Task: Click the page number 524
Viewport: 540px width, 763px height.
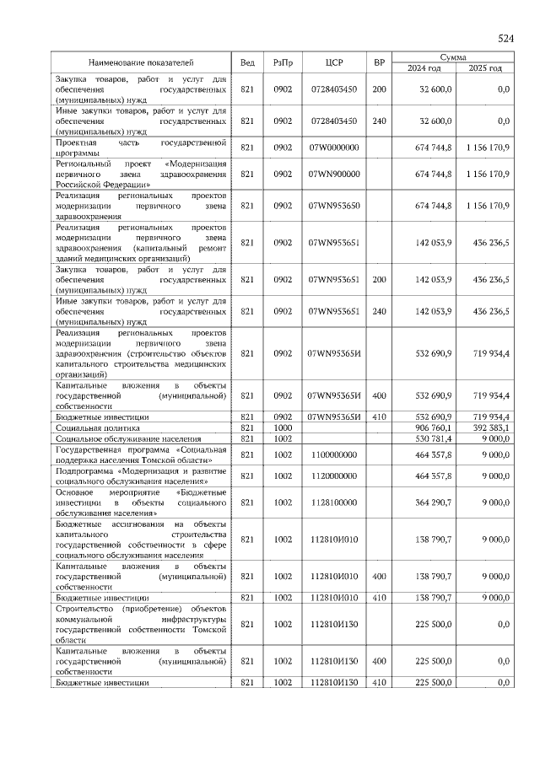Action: (505, 39)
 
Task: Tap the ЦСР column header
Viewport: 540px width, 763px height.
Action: (333, 62)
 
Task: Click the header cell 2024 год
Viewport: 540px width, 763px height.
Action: (424, 68)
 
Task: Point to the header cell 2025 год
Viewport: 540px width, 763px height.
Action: (486, 68)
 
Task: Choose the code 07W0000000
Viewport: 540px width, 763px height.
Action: (334, 148)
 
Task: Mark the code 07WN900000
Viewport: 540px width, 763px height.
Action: (334, 174)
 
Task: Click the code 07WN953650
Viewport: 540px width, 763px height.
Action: (334, 205)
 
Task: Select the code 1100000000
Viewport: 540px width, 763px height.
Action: (333, 454)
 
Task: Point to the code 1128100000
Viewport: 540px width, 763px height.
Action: (333, 502)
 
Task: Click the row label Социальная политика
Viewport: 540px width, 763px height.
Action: (93, 428)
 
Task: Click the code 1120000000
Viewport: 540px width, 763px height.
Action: (333, 476)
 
